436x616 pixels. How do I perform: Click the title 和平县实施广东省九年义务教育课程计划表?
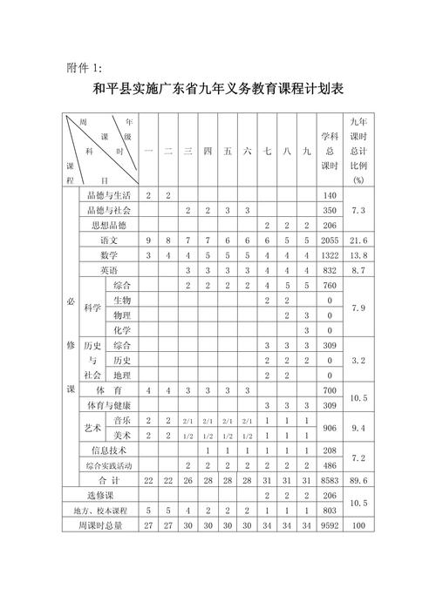click(x=218, y=91)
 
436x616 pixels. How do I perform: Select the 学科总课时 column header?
click(x=329, y=151)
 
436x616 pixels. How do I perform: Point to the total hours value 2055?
click(x=329, y=239)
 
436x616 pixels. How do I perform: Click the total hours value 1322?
click(x=329, y=254)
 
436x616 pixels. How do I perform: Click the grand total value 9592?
click(x=329, y=525)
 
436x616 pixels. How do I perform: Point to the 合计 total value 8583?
click(x=329, y=480)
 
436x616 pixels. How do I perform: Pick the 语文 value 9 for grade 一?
click(x=149, y=239)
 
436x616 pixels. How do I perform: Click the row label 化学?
click(x=121, y=330)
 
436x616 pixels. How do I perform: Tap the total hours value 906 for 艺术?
click(x=329, y=427)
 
